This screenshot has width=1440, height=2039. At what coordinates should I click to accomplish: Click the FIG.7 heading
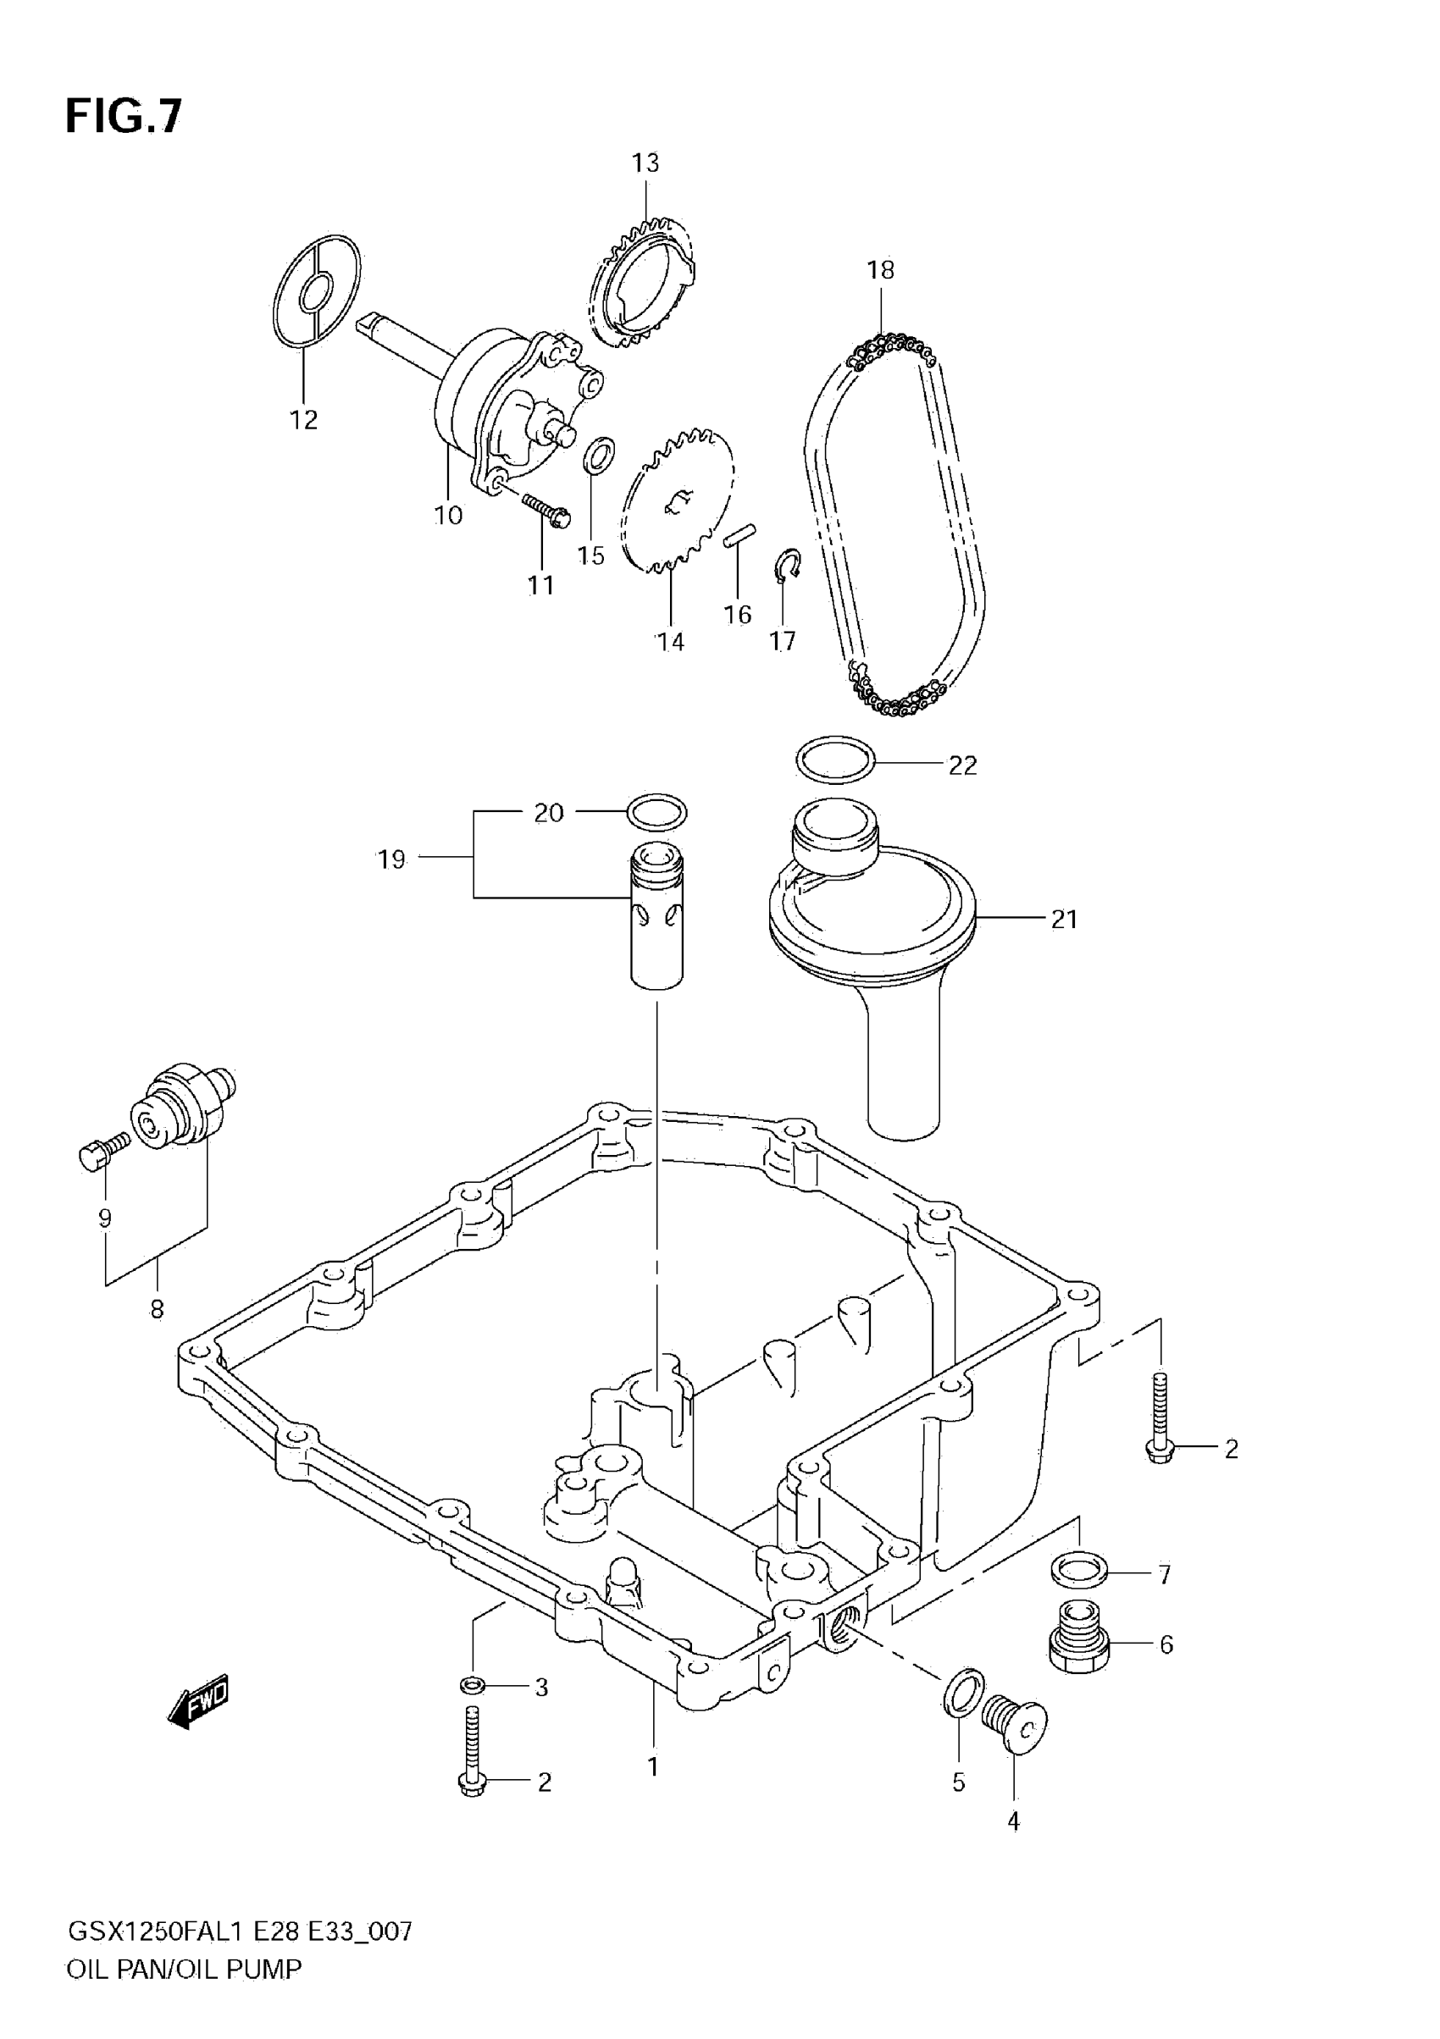(x=124, y=116)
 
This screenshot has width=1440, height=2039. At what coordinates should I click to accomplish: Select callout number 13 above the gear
(x=645, y=163)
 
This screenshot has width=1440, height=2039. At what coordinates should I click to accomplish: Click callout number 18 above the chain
(x=880, y=270)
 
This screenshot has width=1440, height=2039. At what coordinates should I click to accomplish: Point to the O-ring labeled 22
(x=835, y=760)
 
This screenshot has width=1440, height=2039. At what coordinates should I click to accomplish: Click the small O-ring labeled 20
(x=656, y=812)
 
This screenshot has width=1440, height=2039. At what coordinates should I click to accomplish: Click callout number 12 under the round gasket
(x=304, y=420)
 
